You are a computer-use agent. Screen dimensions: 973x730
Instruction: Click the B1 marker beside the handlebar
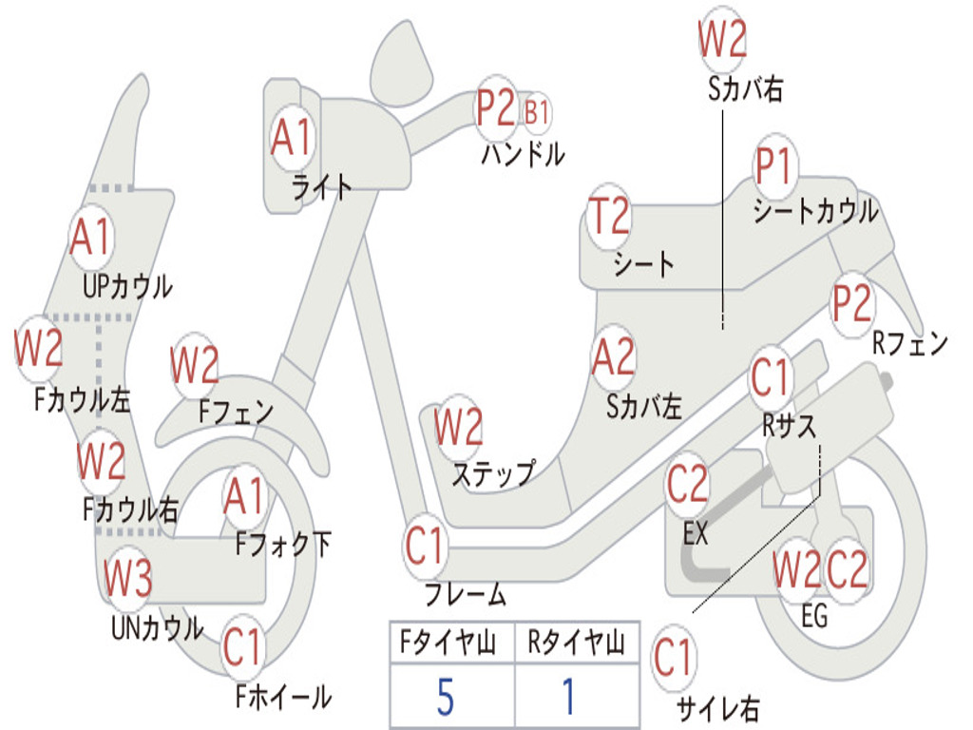point(537,112)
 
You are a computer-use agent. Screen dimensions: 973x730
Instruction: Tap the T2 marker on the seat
point(608,217)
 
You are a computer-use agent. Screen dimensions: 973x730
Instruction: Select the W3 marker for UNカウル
point(127,578)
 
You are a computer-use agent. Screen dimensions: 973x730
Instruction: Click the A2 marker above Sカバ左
point(613,358)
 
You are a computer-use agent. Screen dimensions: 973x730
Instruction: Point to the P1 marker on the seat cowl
point(774,168)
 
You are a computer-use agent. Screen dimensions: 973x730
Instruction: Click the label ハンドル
point(523,154)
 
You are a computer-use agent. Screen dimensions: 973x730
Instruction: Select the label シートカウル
point(815,211)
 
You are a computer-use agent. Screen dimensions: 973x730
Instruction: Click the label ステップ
point(493,472)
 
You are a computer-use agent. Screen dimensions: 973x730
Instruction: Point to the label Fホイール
point(283,697)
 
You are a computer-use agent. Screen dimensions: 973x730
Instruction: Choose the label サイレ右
point(717,707)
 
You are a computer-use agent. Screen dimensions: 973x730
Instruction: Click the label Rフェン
point(910,343)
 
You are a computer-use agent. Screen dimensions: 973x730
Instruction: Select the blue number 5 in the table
point(445,698)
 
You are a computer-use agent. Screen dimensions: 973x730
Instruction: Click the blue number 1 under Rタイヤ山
point(568,698)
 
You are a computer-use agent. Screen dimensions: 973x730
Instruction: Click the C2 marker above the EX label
point(687,486)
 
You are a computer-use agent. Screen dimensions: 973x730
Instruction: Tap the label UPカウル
point(127,285)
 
